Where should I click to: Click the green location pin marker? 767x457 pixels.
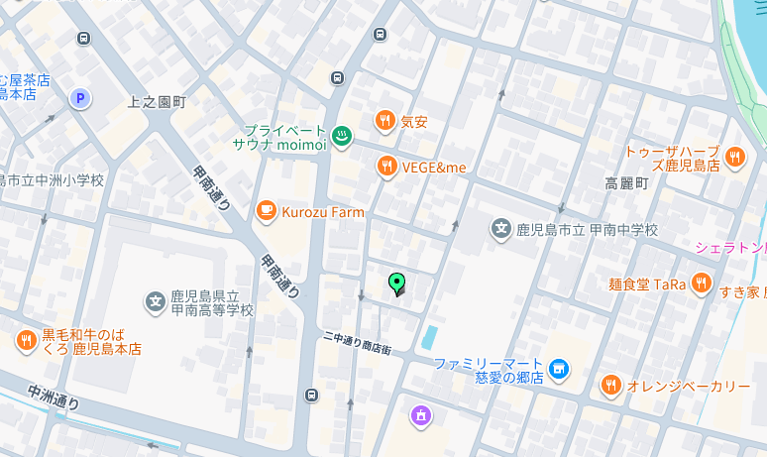[397, 284]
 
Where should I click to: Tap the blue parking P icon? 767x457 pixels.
[79, 98]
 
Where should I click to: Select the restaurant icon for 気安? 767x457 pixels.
[384, 122]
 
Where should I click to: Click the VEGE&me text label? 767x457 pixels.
[433, 167]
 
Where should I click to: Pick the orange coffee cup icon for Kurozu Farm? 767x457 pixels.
[266, 211]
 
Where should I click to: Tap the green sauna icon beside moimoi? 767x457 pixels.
[341, 137]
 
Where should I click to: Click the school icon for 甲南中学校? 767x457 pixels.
[501, 230]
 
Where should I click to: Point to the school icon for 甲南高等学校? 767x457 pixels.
[155, 301]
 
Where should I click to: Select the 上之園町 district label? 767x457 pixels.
[158, 102]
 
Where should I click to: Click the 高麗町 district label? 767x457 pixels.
[626, 183]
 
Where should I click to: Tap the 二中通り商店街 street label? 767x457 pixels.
[357, 344]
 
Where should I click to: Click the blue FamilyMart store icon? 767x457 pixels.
[560, 370]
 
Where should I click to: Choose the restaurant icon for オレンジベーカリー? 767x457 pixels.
[610, 385]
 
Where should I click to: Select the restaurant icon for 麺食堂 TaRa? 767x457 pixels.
[702, 284]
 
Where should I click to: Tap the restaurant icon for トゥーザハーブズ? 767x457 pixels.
[734, 156]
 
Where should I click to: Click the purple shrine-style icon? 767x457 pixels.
[421, 416]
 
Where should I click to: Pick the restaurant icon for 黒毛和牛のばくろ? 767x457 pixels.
[26, 341]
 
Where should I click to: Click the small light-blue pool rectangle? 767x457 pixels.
[428, 337]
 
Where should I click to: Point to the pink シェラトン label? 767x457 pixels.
[730, 247]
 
